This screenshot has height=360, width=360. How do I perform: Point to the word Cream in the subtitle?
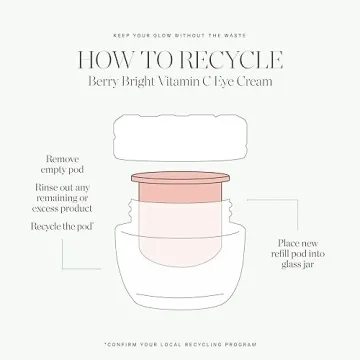pyautogui.click(x=259, y=80)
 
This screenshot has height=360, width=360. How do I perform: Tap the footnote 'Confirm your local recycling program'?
pyautogui.click(x=180, y=342)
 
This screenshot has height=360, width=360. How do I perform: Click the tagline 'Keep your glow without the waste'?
pyautogui.click(x=180, y=20)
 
